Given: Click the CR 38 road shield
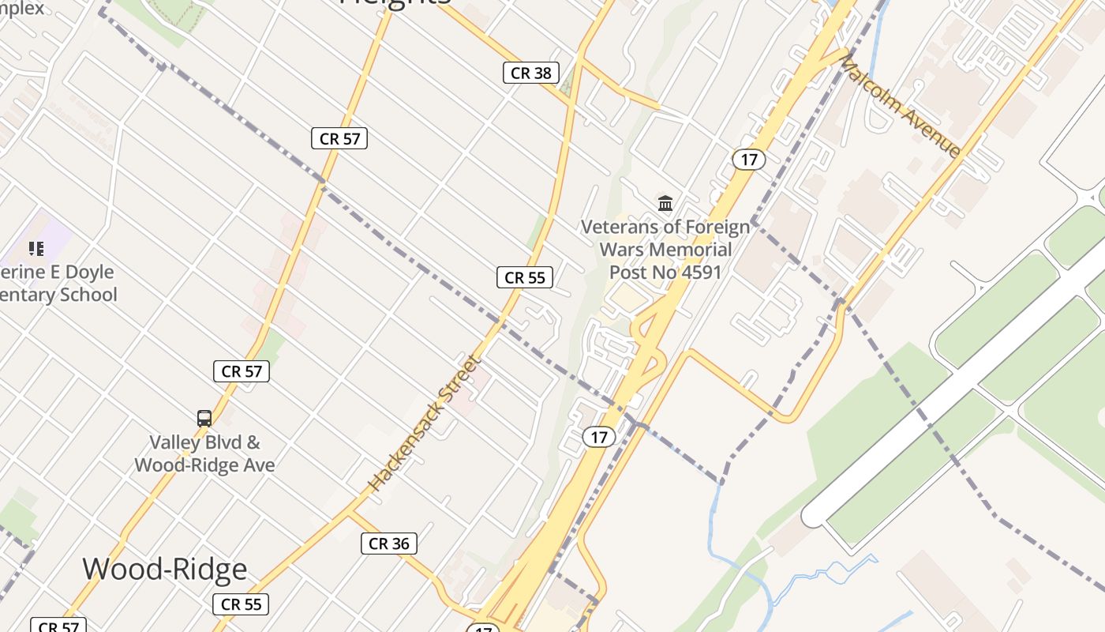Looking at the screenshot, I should pyautogui.click(x=530, y=73).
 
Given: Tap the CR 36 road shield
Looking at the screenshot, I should pyautogui.click(x=388, y=544).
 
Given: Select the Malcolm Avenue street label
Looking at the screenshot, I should pyautogui.click(x=901, y=106).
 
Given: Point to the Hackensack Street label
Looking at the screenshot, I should pyautogui.click(x=425, y=423).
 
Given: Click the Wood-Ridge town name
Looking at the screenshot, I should pyautogui.click(x=165, y=569).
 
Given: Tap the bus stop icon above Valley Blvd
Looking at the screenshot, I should pyautogui.click(x=204, y=419).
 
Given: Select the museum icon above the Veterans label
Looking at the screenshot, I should pyautogui.click(x=665, y=204).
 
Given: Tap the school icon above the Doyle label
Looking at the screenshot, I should pyautogui.click(x=36, y=250).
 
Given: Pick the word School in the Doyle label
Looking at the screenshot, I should pyautogui.click(x=88, y=295).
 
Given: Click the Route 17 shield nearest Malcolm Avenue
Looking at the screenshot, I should pyautogui.click(x=748, y=160).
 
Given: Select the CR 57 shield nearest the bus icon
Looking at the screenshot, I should pyautogui.click(x=241, y=371).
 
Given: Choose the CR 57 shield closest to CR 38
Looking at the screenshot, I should pyautogui.click(x=339, y=139).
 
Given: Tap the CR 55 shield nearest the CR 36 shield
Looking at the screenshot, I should pyautogui.click(x=241, y=604).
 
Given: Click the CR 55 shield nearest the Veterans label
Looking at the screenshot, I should pyautogui.click(x=524, y=277).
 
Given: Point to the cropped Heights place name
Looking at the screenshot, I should pyautogui.click(x=395, y=3).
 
